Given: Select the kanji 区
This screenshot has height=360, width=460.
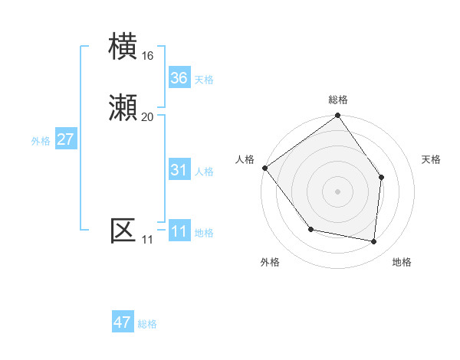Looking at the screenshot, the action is coord(123,230).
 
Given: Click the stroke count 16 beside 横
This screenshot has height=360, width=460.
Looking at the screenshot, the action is coord(148,56).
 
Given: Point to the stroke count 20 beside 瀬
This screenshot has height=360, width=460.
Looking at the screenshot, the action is coord(148,117).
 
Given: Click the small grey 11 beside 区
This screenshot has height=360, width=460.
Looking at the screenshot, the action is coord(147,241).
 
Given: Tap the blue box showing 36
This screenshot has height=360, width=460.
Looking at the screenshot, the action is coord(179,78).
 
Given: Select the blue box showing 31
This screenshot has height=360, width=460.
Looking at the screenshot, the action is coord(179,170).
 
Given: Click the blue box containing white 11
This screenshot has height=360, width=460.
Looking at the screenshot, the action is coord(179,231).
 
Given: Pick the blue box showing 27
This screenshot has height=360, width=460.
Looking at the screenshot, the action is coord(66,139).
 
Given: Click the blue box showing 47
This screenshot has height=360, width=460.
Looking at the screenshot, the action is coord(123,322).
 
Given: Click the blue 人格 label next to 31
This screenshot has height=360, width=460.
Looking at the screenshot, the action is coord(203,172).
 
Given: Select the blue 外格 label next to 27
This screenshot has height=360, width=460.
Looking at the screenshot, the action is coord(41,141).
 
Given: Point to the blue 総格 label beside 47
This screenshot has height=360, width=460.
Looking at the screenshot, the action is coord(147,324).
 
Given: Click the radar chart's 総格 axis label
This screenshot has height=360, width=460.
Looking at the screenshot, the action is coord(338,100).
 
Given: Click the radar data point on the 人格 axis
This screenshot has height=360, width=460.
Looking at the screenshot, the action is coord(264,168).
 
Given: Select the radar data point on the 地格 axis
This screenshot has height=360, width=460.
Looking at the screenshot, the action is coord(374,241).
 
